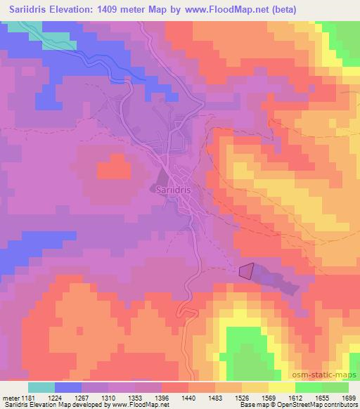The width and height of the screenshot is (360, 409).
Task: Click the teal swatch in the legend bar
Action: [41, 387]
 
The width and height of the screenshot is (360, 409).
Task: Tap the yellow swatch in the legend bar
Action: [282, 387]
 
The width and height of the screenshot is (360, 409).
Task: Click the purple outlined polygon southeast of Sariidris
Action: [247, 271]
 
